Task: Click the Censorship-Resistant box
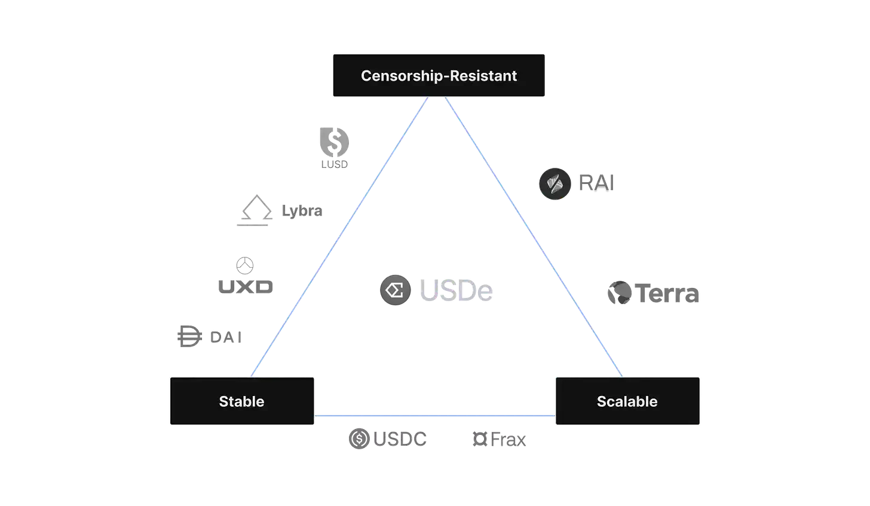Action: (439, 76)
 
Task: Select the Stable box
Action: (241, 401)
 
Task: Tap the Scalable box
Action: (627, 401)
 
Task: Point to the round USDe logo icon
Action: (394, 291)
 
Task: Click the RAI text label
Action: (596, 183)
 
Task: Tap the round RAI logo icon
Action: (555, 183)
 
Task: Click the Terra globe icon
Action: (620, 293)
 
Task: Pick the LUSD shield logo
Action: (334, 147)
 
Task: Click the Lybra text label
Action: (302, 211)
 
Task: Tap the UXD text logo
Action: (244, 287)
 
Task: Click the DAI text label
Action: (226, 337)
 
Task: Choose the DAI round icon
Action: (187, 336)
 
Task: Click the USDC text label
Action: (399, 440)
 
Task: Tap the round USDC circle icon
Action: (359, 439)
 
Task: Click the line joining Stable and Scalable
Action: (434, 413)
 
